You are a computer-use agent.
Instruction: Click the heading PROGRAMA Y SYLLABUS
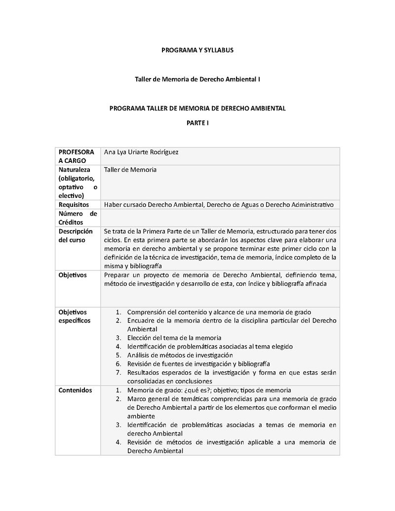(x=197, y=50)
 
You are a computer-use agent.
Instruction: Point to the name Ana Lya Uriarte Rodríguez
(x=141, y=152)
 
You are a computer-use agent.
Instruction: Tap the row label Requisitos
(x=74, y=204)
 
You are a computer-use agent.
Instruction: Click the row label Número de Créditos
(x=78, y=218)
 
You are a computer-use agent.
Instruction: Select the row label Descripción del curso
(x=76, y=236)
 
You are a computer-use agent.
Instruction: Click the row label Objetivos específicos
(x=75, y=316)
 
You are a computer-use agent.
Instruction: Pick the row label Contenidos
(x=75, y=390)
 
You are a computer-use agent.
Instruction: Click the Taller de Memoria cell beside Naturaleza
(x=130, y=170)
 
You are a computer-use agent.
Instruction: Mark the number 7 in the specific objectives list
(x=118, y=373)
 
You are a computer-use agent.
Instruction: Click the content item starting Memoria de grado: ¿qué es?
(x=209, y=390)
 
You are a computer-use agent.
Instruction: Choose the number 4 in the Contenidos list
(x=118, y=442)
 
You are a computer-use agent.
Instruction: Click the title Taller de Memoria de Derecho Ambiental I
(x=197, y=79)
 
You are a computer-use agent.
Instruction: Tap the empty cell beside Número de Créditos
(x=219, y=218)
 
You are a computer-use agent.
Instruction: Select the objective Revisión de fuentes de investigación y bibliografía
(x=198, y=364)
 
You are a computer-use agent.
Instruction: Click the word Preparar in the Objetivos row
(x=117, y=275)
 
